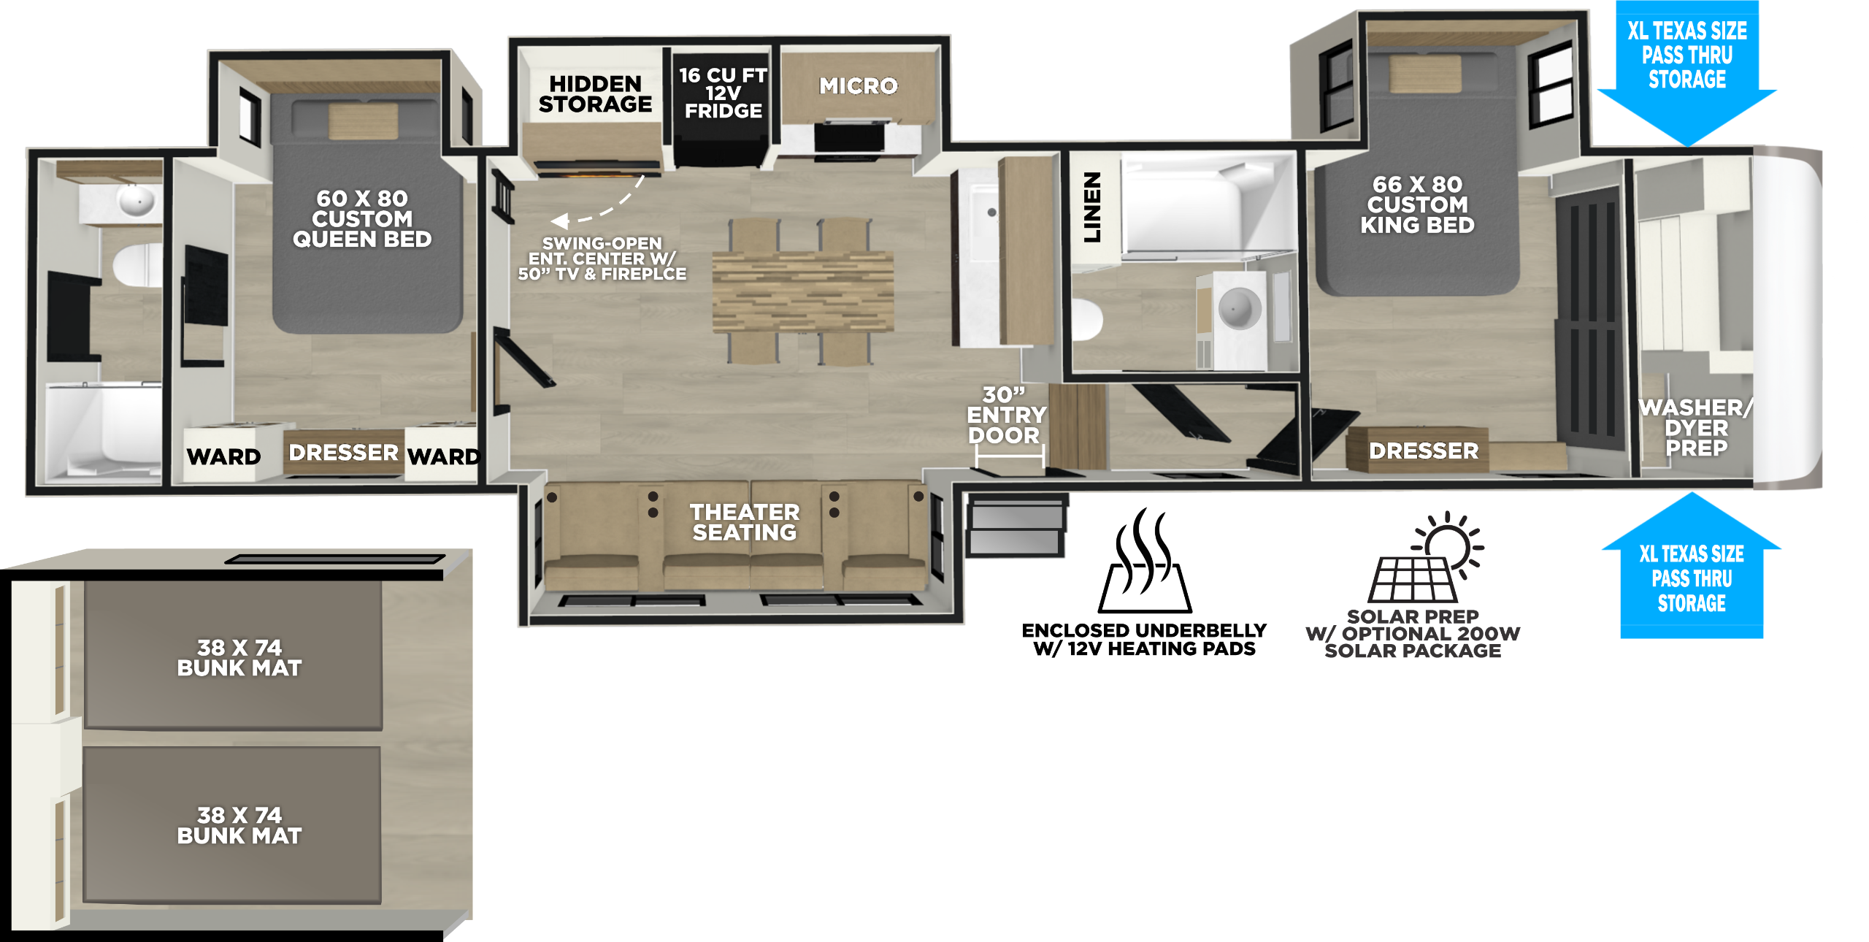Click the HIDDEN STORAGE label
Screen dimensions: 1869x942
point(595,94)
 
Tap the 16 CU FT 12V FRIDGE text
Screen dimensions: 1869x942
point(723,93)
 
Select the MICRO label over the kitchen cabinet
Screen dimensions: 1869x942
point(859,86)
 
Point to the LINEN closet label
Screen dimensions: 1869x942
point(1092,207)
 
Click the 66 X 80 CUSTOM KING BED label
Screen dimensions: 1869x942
point(1417,204)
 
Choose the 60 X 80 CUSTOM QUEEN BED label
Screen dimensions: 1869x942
point(362,218)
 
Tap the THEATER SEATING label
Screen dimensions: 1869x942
point(745,522)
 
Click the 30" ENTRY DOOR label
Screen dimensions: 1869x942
point(1006,415)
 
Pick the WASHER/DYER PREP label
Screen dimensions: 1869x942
point(1696,427)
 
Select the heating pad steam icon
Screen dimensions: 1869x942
point(1145,561)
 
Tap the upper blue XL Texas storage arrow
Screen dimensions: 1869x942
point(1687,73)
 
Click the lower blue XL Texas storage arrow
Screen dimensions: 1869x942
point(1692,565)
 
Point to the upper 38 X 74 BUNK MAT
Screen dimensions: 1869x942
point(233,655)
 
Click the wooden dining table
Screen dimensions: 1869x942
point(802,291)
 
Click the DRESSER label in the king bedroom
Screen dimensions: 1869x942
point(1424,451)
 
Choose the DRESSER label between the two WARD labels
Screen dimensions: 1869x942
point(343,452)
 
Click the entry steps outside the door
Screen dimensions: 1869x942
point(1016,524)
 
